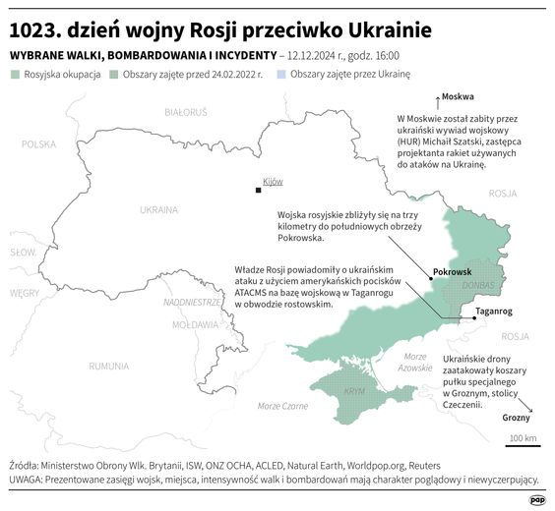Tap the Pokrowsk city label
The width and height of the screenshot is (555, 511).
pyautogui.click(x=453, y=271)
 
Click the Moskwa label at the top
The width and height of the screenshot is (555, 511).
pyautogui.click(x=458, y=96)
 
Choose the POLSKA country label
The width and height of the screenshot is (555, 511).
pyautogui.click(x=39, y=144)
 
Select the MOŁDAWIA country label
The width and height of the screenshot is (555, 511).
pyautogui.click(x=195, y=324)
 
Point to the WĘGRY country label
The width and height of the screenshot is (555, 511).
pyautogui.click(x=25, y=293)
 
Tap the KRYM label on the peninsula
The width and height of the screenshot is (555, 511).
pyautogui.click(x=351, y=391)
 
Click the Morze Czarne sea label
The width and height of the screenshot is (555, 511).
pyautogui.click(x=282, y=406)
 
